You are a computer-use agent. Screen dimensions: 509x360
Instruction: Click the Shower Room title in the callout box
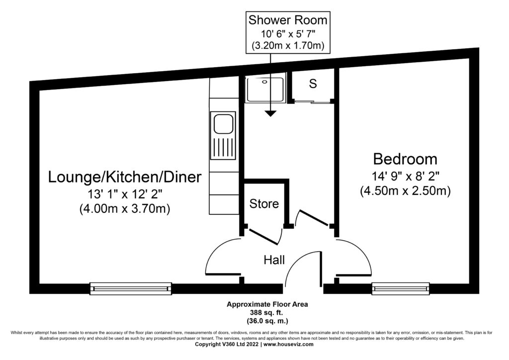(x=288, y=20)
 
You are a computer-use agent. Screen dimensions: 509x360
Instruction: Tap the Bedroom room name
(x=405, y=159)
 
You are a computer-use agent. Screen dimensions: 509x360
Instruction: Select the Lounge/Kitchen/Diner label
(x=125, y=177)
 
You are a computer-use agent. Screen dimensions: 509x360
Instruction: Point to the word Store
(x=264, y=204)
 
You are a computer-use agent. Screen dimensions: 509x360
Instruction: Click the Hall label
(x=274, y=260)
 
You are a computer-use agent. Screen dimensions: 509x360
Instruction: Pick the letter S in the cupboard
(x=313, y=84)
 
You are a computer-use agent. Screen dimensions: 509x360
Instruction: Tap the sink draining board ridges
(x=223, y=148)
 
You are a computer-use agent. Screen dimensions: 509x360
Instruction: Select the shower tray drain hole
(x=264, y=82)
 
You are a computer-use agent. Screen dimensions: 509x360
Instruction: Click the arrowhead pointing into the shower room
(x=270, y=113)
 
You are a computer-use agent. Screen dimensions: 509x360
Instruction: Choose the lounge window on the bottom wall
(x=131, y=288)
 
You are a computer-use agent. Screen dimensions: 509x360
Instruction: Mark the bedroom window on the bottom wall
(x=401, y=288)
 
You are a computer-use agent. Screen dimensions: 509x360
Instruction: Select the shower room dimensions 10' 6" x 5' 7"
(x=288, y=33)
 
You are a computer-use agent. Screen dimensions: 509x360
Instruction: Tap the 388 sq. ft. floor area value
(x=267, y=313)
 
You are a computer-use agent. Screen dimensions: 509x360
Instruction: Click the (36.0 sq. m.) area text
(x=267, y=321)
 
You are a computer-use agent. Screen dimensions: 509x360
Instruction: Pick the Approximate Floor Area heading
(x=267, y=304)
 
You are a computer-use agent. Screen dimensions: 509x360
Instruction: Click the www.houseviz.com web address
(x=289, y=345)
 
